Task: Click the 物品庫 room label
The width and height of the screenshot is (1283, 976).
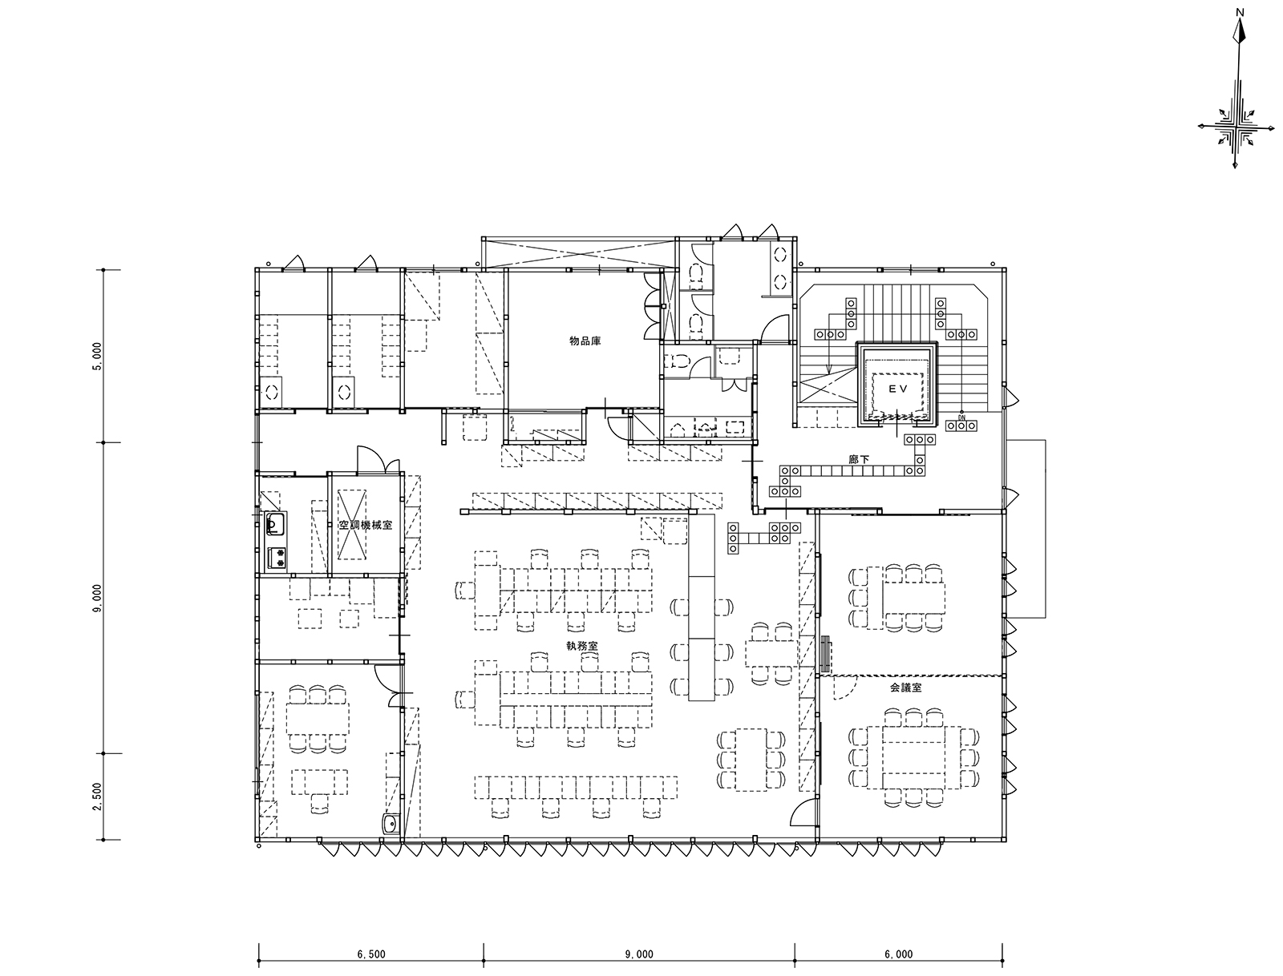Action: (x=585, y=341)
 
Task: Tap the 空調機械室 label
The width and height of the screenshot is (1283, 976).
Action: (x=366, y=525)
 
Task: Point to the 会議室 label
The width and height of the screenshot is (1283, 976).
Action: (x=906, y=688)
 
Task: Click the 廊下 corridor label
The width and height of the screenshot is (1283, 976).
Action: (x=860, y=460)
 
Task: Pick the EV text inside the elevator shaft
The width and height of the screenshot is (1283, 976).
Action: (x=898, y=389)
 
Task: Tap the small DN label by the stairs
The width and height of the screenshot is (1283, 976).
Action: (x=961, y=417)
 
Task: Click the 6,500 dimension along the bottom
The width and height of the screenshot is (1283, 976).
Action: (x=371, y=954)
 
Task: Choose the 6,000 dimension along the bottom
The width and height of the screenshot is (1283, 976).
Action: (x=898, y=954)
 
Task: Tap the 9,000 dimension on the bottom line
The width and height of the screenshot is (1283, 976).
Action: (x=639, y=954)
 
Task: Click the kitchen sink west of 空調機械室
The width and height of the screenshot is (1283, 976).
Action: (x=275, y=524)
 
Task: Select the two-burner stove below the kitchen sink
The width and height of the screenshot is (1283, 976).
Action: (x=277, y=558)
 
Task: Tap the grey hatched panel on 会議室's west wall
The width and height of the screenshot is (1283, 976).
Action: (x=826, y=654)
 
